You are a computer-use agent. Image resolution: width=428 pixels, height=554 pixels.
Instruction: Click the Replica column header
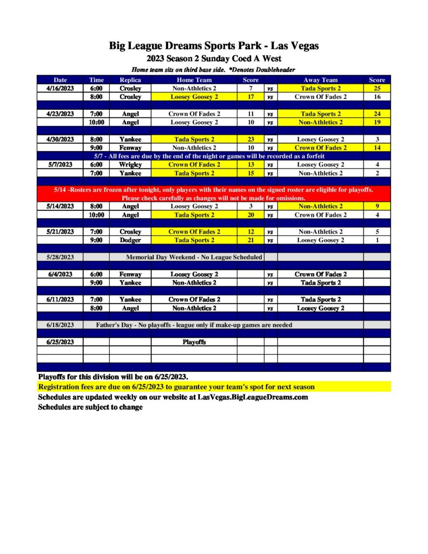130,80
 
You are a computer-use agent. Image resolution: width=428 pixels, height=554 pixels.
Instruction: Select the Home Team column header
194,80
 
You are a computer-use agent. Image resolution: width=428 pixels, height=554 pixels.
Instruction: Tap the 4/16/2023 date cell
60,88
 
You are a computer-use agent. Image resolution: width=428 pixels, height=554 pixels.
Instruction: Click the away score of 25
377,88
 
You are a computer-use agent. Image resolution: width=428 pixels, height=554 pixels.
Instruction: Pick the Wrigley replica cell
130,164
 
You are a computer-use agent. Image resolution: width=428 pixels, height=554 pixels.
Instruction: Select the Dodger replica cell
130,240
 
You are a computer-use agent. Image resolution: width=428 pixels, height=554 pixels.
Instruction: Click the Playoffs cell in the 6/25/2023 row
194,342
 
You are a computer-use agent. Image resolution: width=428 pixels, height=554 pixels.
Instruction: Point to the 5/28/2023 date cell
60,257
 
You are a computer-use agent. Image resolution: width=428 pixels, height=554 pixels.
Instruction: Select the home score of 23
251,139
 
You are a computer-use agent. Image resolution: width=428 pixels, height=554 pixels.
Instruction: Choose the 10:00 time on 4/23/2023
96,122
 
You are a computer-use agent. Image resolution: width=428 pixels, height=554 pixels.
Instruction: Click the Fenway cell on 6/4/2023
130,274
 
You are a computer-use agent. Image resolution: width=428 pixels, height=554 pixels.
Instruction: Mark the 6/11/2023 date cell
60,299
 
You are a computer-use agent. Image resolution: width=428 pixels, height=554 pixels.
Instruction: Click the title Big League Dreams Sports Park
214,46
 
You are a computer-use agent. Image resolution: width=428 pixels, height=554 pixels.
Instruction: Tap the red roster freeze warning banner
214,194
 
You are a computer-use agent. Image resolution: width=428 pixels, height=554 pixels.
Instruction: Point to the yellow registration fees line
176,387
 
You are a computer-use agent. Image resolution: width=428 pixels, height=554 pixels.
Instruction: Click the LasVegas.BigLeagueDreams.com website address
253,397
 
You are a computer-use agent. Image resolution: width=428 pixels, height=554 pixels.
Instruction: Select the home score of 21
251,240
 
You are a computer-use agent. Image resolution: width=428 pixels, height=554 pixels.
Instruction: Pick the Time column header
96,80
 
